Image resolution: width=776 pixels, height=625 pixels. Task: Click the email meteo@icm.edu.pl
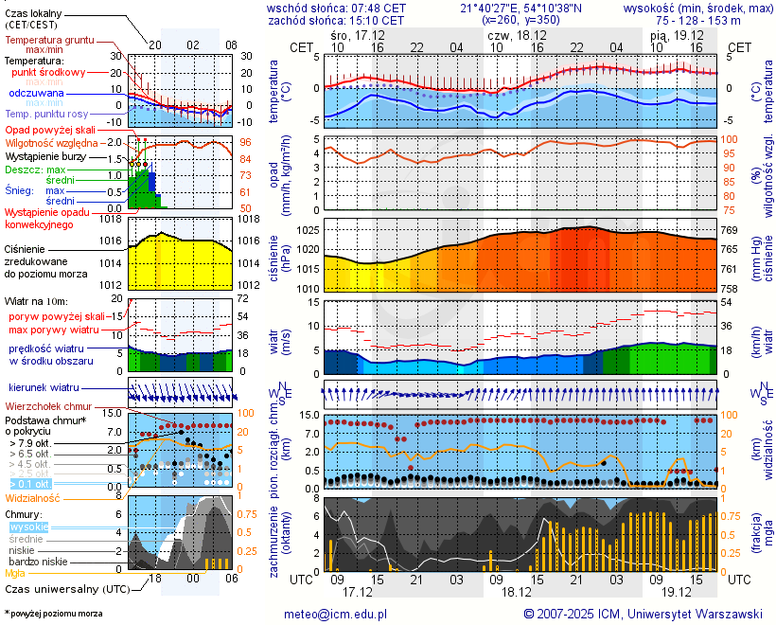(336, 614)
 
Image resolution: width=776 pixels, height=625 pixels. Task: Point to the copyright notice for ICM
(643, 614)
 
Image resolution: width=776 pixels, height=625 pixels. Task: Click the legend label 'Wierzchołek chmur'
(51, 405)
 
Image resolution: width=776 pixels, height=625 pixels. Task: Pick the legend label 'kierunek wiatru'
(44, 388)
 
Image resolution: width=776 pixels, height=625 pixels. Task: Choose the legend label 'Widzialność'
(33, 496)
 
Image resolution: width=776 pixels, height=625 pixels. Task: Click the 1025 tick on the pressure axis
(305, 230)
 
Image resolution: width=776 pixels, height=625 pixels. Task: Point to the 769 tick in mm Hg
(731, 230)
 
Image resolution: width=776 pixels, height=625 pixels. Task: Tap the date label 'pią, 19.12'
(672, 33)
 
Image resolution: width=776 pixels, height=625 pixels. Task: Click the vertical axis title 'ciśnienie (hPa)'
(274, 255)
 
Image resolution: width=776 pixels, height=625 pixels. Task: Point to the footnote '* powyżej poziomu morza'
(53, 614)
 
